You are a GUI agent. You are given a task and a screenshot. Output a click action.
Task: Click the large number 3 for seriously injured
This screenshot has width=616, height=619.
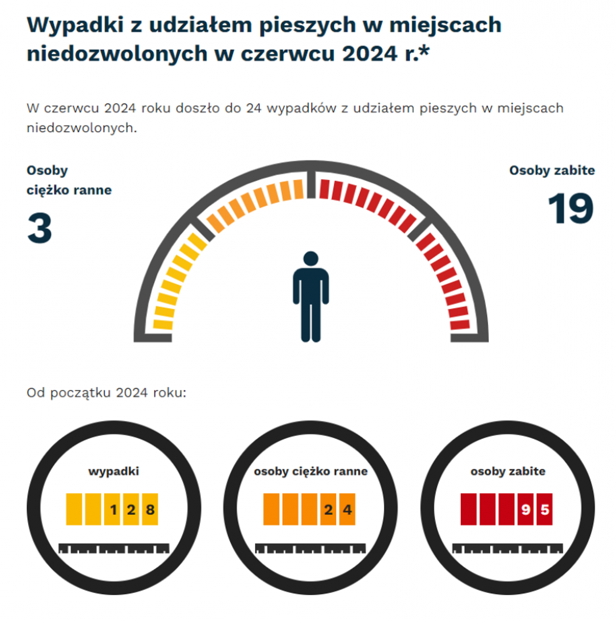(40, 228)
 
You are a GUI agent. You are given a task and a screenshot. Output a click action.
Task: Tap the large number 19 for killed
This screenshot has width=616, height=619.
(571, 208)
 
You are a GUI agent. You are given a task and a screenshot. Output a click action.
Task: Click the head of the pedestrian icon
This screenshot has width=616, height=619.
(311, 259)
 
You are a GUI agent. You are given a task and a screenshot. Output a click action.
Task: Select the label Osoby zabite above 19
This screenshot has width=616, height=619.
(552, 170)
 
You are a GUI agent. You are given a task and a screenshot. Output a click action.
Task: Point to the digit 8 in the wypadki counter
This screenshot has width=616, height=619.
(150, 509)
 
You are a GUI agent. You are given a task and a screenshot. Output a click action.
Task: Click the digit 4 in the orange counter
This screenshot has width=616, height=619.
(347, 509)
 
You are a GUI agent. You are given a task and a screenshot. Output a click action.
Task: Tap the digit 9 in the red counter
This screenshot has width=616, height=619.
(525, 509)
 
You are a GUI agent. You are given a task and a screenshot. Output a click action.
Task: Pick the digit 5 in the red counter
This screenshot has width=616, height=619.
(545, 509)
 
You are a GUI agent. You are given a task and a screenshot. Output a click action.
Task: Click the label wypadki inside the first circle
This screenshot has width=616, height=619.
(114, 471)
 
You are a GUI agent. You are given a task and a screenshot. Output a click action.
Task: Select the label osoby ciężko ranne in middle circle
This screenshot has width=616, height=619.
(310, 471)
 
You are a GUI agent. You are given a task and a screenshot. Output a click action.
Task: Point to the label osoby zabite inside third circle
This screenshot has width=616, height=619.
(508, 471)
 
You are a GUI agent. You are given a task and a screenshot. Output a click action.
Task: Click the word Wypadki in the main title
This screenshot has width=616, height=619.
(75, 25)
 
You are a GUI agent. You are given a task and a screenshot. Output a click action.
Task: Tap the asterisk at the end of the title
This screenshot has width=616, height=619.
(424, 52)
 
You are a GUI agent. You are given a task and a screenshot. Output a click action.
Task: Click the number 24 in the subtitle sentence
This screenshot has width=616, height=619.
(254, 108)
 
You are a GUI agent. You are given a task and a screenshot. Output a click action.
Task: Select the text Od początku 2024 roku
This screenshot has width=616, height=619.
(106, 392)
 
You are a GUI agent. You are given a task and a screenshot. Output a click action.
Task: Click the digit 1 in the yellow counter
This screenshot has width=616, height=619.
(113, 509)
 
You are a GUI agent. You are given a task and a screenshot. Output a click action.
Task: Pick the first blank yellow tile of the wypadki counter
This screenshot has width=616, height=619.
(74, 509)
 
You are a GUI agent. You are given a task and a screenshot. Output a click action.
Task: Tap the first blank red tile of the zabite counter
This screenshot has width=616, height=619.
(468, 509)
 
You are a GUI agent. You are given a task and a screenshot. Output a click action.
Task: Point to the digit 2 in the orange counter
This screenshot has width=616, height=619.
(328, 509)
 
